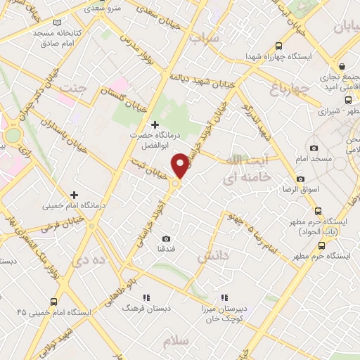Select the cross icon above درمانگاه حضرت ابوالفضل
click(x=155, y=124)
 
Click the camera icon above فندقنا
click(x=166, y=238)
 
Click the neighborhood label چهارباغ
click(x=289, y=89)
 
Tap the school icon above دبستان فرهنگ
click(x=148, y=297)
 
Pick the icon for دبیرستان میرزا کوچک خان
click(x=224, y=297)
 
